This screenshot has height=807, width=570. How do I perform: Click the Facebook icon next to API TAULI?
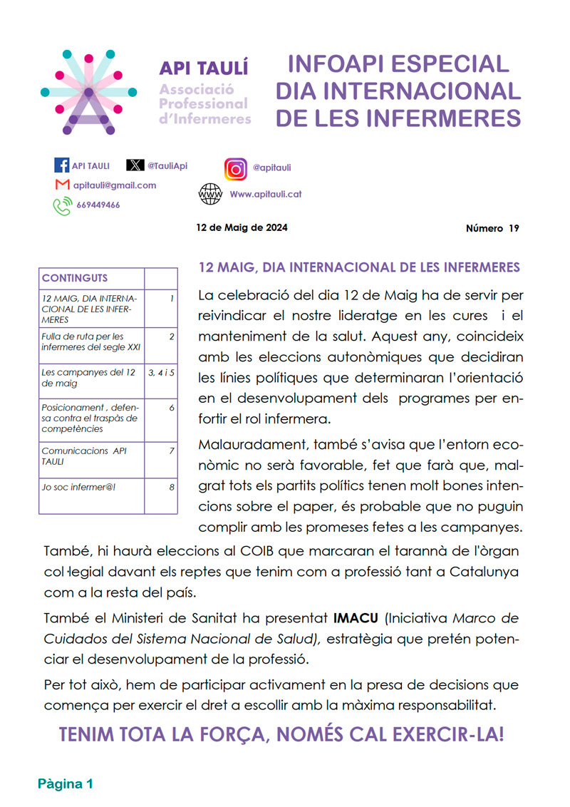click(62, 165)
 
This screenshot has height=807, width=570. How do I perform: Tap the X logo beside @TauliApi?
click(135, 165)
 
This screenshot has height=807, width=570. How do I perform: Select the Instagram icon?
click(236, 168)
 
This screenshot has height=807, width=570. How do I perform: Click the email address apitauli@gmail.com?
click(115, 185)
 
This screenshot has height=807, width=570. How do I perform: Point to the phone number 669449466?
click(98, 205)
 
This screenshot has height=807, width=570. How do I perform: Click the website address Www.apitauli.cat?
click(266, 194)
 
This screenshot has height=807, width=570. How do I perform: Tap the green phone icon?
click(62, 206)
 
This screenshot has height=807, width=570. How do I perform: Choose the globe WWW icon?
click(210, 194)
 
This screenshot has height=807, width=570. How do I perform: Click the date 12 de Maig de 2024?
click(242, 228)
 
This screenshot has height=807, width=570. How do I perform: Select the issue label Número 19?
click(492, 229)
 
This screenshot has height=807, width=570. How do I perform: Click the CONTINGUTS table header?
click(75, 278)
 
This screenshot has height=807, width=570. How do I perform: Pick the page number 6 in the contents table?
click(172, 407)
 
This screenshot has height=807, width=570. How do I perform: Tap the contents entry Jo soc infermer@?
click(73, 488)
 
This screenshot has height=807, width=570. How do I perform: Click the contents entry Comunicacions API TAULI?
click(84, 456)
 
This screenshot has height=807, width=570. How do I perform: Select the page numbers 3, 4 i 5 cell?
click(161, 372)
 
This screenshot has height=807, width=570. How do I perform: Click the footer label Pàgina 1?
click(66, 784)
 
